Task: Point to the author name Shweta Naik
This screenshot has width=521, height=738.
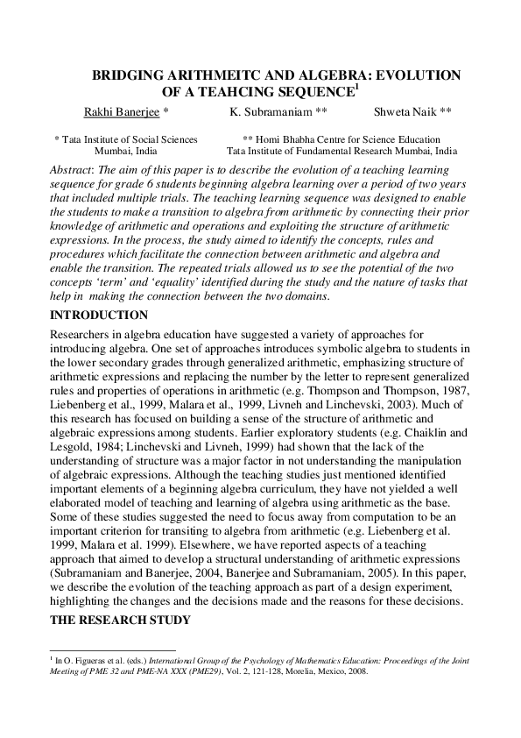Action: coord(400,112)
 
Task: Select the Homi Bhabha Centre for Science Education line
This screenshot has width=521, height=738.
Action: coord(341,139)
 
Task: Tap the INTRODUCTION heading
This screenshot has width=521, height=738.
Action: coord(99,315)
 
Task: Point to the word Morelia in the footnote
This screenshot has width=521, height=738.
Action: coord(294,673)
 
